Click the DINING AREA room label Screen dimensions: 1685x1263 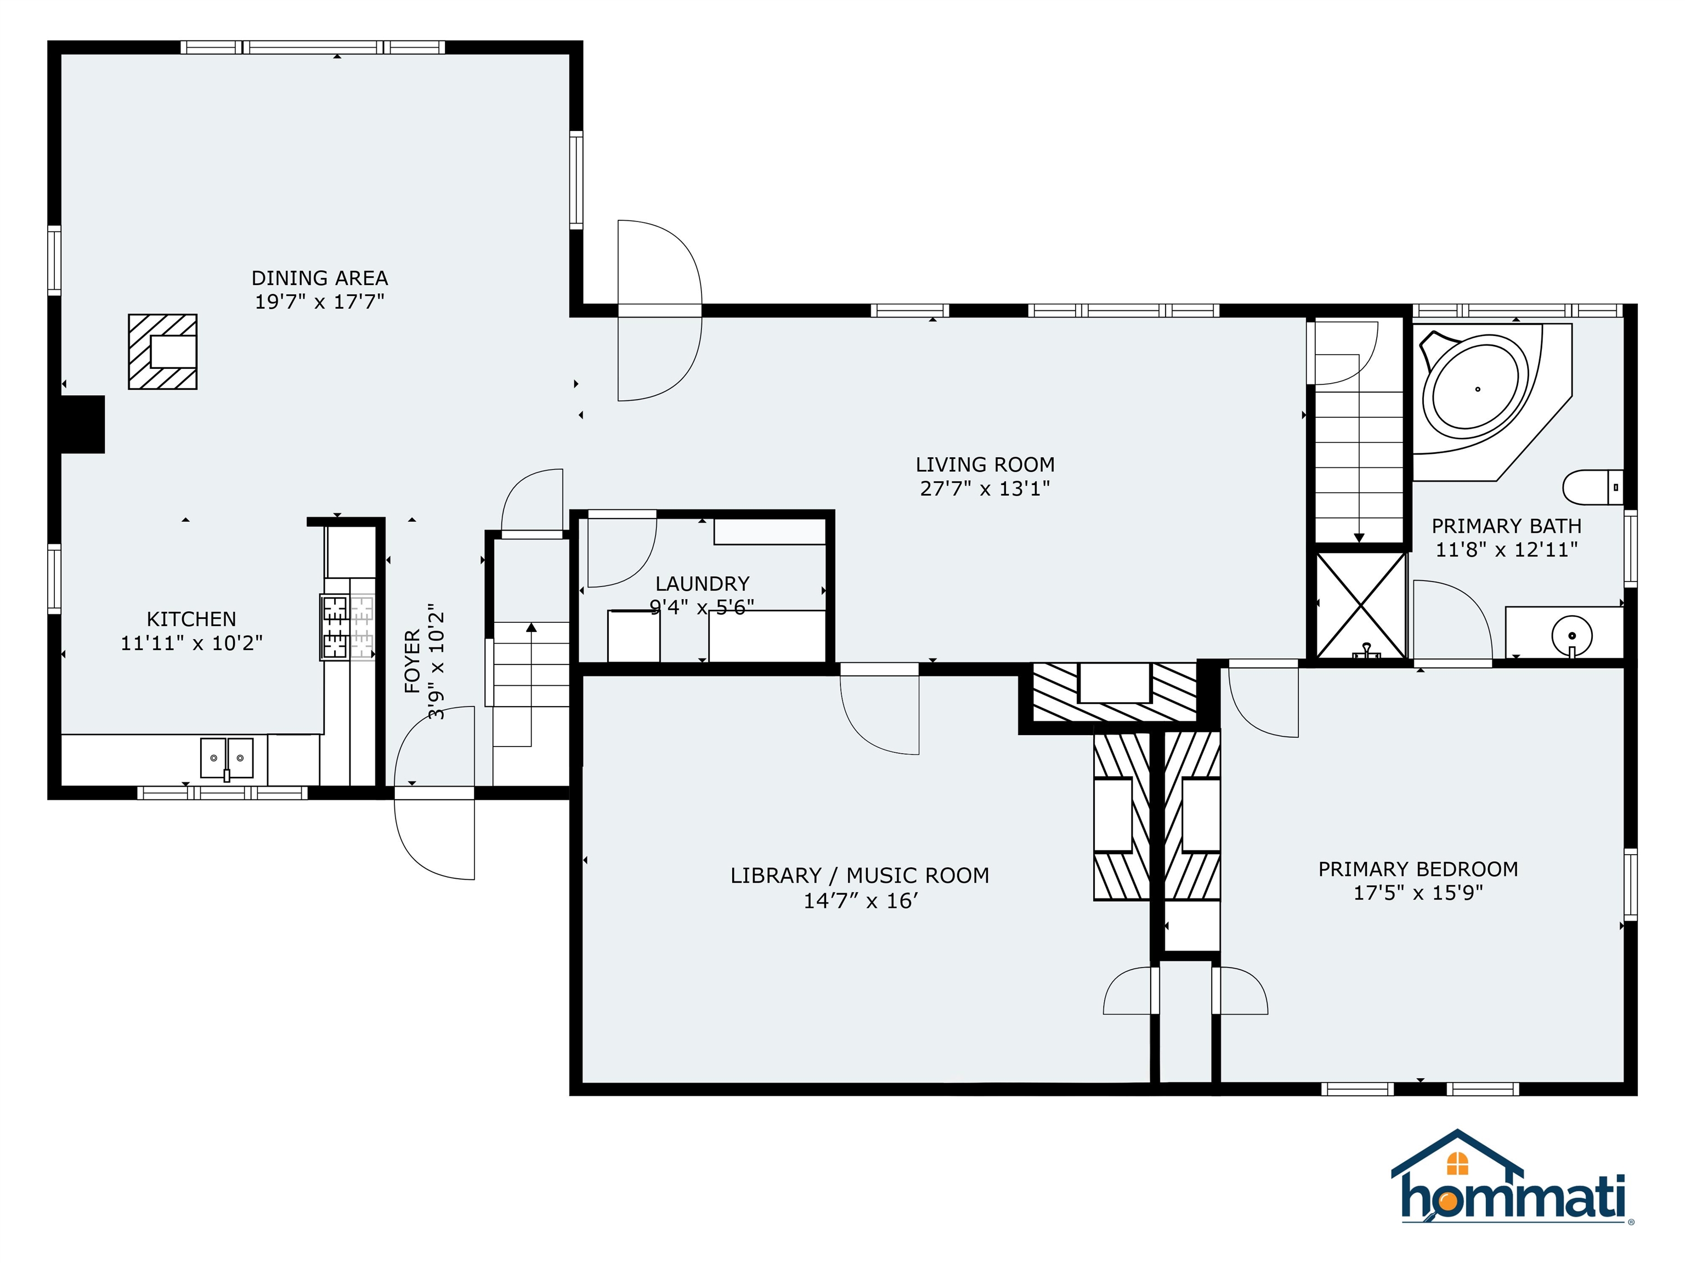[320, 278]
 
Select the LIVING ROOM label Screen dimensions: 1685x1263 [985, 464]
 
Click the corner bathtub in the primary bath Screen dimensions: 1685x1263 [1478, 390]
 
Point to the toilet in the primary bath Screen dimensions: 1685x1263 [1593, 487]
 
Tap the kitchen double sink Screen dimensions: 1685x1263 [227, 758]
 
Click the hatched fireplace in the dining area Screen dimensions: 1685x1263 [163, 352]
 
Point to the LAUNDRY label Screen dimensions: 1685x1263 [702, 584]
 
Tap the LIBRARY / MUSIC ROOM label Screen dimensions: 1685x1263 [860, 875]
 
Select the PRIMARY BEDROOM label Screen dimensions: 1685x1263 [1418, 869]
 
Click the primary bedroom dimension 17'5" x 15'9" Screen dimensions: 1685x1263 [1418, 892]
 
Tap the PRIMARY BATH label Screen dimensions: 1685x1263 [1507, 526]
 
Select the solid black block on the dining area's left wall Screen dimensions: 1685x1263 [82, 425]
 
